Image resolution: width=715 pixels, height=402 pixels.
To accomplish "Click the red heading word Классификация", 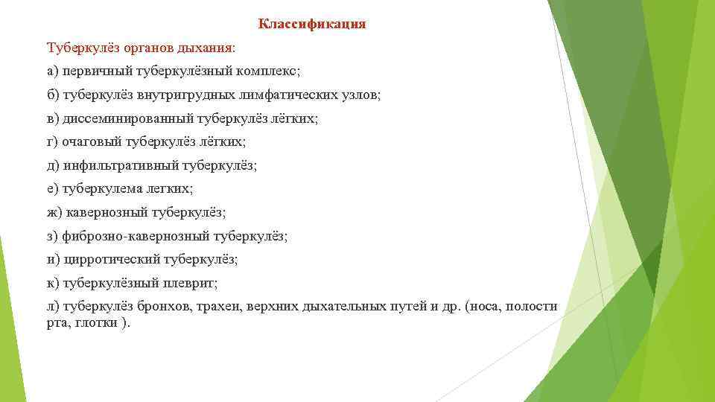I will click(312, 24).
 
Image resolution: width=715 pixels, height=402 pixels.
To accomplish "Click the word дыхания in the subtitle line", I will click(209, 48).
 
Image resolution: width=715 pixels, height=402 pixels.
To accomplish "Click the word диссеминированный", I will click(129, 118).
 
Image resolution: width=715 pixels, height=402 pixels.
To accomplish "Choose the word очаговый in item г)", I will click(90, 141).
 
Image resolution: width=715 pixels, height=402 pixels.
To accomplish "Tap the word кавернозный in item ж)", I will click(107, 212).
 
